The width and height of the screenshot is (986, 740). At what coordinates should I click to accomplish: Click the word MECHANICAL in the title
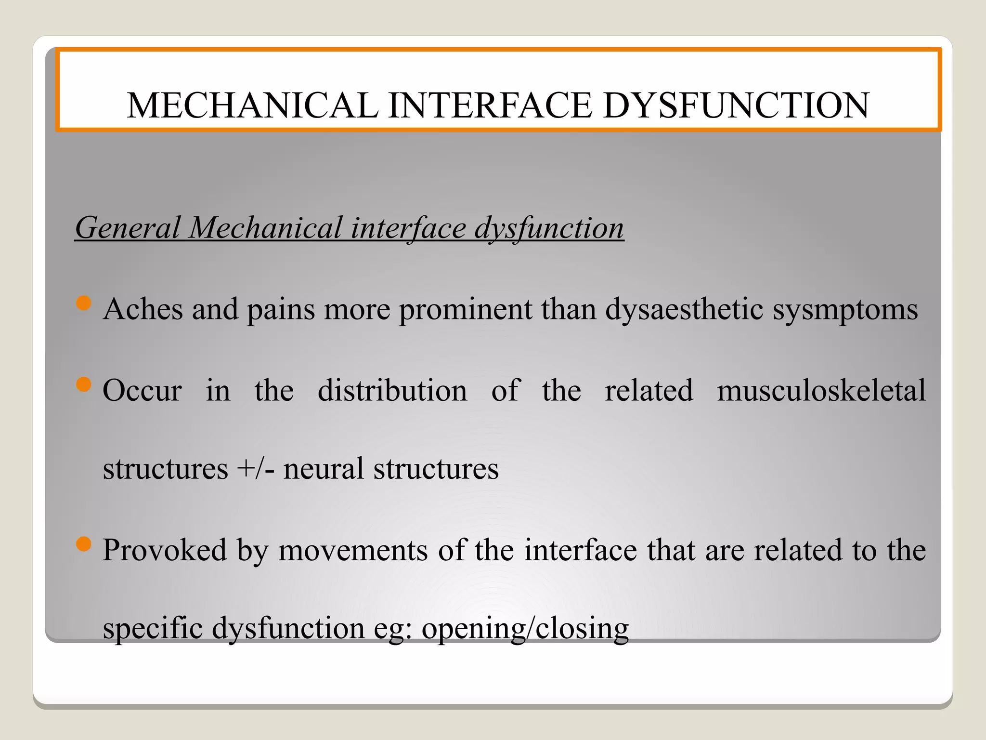click(x=252, y=106)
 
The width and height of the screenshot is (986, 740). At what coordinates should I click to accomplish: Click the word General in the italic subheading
click(x=128, y=227)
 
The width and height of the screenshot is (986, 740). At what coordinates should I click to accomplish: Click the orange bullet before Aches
click(x=84, y=304)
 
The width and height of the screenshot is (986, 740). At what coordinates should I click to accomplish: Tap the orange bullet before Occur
click(x=84, y=385)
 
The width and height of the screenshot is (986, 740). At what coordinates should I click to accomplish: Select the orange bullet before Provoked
click(x=84, y=544)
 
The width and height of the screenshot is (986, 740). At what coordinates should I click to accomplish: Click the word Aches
click(x=143, y=309)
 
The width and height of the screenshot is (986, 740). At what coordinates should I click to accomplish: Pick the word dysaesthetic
click(x=684, y=310)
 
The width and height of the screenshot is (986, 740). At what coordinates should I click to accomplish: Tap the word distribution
click(x=392, y=390)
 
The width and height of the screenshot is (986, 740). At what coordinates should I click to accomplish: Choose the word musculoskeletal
click(x=821, y=390)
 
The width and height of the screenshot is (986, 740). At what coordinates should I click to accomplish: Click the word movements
click(x=353, y=550)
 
